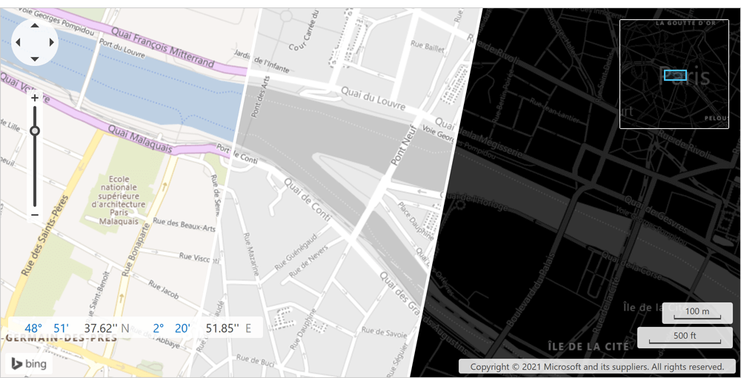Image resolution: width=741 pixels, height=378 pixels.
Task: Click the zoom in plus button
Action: (35, 97)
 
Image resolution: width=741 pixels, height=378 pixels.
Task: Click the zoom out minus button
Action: (35, 215)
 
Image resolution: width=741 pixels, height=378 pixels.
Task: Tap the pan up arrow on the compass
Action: (35, 26)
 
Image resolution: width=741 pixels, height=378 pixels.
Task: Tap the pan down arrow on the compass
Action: (35, 59)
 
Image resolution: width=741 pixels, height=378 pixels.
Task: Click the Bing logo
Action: (29, 364)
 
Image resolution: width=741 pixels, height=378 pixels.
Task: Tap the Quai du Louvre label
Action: (373, 99)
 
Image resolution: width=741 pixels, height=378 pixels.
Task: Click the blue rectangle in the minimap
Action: (675, 75)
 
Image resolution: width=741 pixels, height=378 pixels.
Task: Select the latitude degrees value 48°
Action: (33, 328)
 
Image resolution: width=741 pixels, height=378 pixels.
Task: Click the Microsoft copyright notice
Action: (597, 366)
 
